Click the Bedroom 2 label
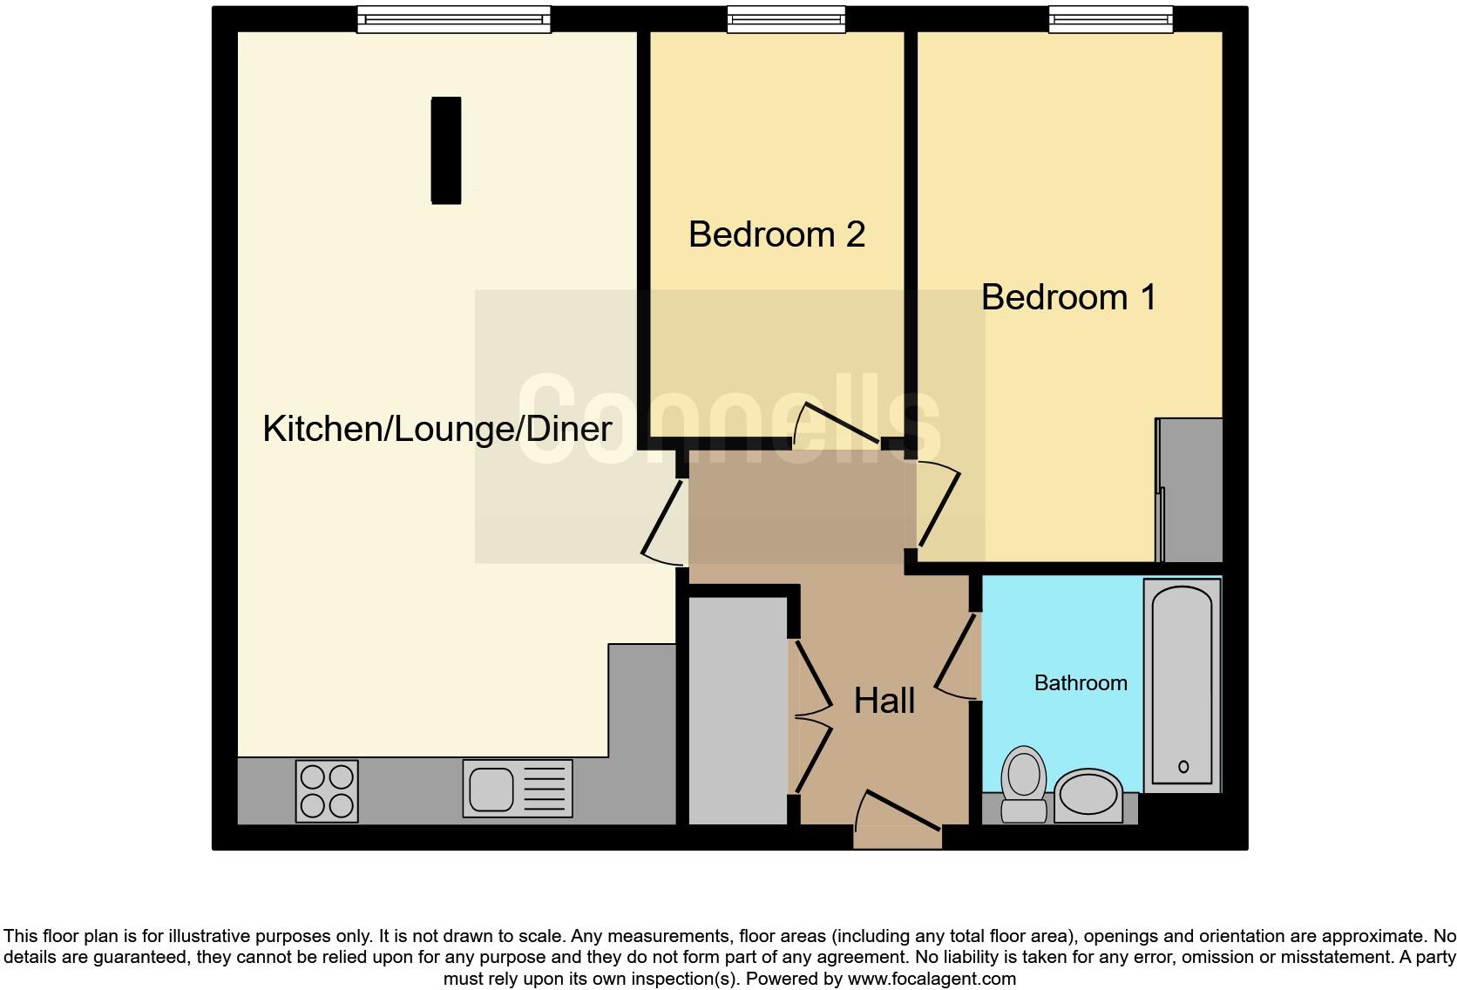click(x=776, y=234)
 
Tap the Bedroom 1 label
click(x=1068, y=297)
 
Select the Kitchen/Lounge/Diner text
click(x=437, y=429)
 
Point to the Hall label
click(x=884, y=701)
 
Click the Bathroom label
click(x=1081, y=682)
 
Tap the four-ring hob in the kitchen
click(x=327, y=790)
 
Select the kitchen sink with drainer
click(x=518, y=789)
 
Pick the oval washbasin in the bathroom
click(x=1088, y=794)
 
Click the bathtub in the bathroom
click(x=1182, y=684)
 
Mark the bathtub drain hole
click(x=1183, y=767)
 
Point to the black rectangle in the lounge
click(x=446, y=150)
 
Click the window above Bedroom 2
click(x=786, y=19)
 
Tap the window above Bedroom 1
click(x=1110, y=19)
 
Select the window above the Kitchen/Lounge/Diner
click(x=453, y=19)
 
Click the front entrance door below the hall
click(x=898, y=824)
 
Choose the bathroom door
click(x=957, y=658)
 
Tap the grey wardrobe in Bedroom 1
click(x=1190, y=491)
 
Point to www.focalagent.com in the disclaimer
click(x=932, y=979)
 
